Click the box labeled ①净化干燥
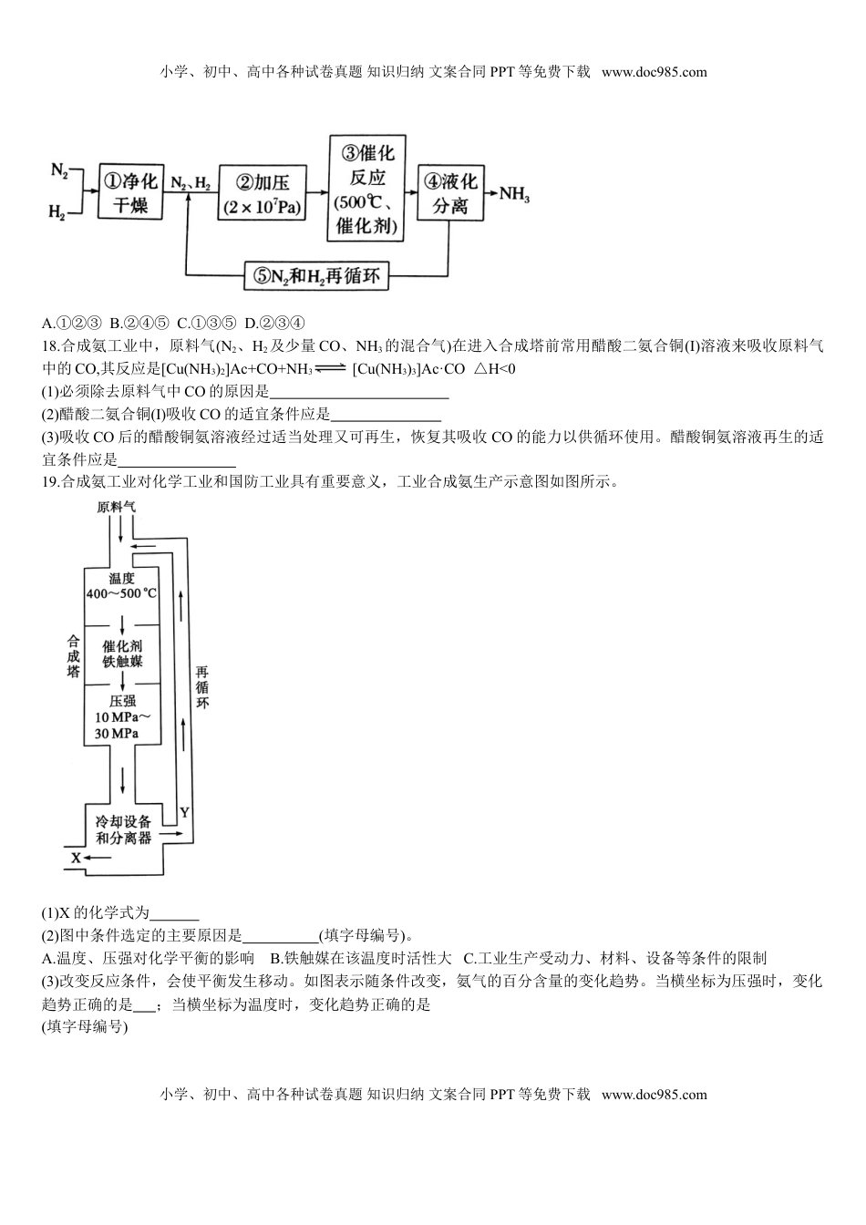coord(129,191)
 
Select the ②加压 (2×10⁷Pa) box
coord(263,191)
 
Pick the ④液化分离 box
coord(449,192)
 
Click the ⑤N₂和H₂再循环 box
coord(316,275)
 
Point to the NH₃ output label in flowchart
coord(514,194)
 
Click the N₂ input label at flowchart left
coord(59,170)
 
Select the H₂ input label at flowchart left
coord(57,212)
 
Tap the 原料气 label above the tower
coord(117,508)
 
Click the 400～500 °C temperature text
coord(121,593)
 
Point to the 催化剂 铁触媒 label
coord(122,653)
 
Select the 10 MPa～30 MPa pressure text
coord(121,718)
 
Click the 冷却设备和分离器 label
coord(123,829)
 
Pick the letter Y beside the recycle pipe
coord(184,810)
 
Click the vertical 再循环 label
coord(202,687)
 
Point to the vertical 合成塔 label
coord(73,656)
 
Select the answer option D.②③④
coord(274,323)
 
